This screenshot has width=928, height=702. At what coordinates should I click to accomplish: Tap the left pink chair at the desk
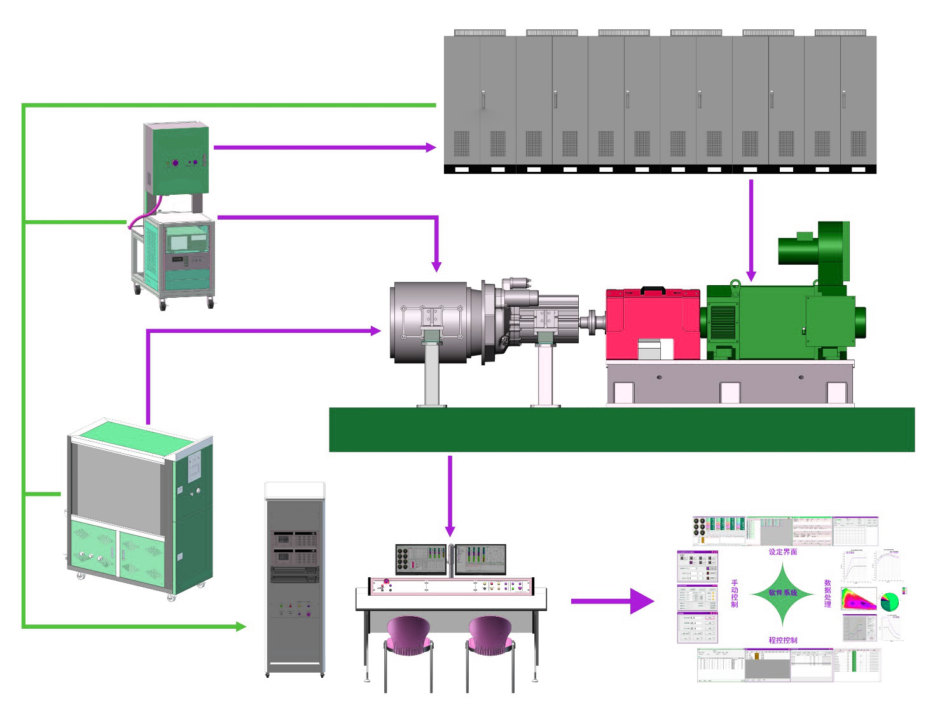(x=408, y=636)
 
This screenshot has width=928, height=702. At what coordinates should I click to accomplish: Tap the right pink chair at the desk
(x=490, y=636)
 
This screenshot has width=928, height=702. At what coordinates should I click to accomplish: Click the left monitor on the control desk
(x=421, y=559)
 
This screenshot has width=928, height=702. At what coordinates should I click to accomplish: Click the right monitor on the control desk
(x=481, y=559)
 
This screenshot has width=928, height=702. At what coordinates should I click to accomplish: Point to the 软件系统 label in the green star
(x=782, y=593)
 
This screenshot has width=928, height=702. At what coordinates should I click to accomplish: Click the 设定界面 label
(x=782, y=552)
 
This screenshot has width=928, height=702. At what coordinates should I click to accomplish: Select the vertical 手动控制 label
(x=735, y=593)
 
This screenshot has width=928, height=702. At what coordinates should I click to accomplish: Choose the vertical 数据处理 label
(x=828, y=593)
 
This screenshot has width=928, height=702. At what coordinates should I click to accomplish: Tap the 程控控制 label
(x=782, y=640)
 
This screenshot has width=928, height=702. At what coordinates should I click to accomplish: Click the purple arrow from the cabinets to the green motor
(x=751, y=229)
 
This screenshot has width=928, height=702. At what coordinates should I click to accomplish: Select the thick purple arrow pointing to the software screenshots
(x=611, y=601)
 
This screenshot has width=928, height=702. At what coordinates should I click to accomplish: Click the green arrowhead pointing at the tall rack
(x=240, y=627)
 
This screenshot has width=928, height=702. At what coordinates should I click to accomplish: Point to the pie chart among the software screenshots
(x=889, y=601)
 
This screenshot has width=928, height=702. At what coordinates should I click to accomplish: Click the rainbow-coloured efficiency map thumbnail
(x=858, y=600)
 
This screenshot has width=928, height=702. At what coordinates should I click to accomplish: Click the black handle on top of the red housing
(x=653, y=290)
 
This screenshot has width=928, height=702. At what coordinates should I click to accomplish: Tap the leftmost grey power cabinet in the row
(x=480, y=102)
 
